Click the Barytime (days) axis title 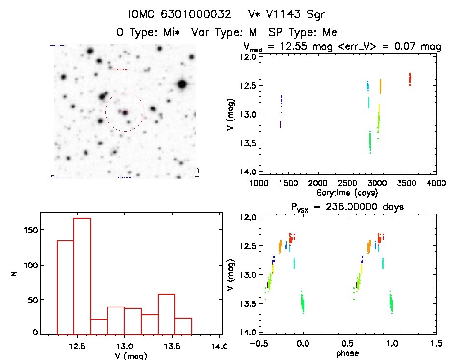coord(347,192)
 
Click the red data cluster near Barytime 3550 coord(410,79)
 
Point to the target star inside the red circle coord(125,112)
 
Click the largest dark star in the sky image coord(182,84)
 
